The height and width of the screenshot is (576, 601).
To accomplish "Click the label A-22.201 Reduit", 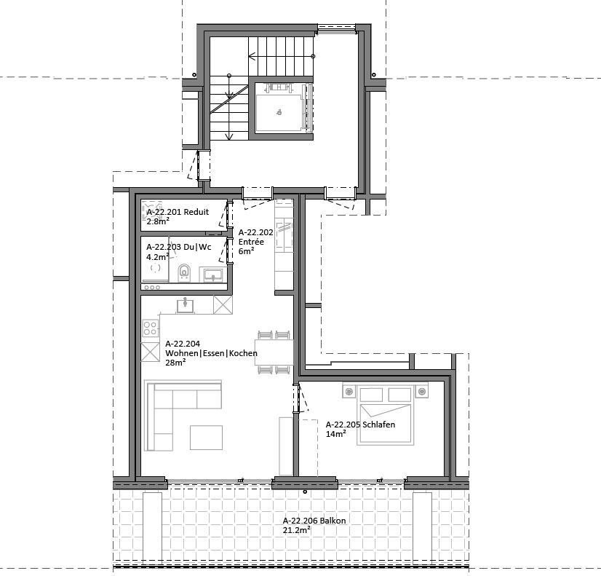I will (178, 212).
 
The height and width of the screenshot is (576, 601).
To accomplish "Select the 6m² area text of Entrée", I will (246, 250).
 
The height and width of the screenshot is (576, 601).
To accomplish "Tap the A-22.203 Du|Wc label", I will (178, 247).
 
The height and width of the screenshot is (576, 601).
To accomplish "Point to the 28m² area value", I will (175, 362).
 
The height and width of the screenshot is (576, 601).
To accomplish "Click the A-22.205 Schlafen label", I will (360, 424).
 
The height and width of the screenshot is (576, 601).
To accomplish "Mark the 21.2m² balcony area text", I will (297, 530).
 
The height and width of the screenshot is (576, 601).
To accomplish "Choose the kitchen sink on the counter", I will (186, 305).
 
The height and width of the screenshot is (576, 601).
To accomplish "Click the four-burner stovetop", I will (151, 328).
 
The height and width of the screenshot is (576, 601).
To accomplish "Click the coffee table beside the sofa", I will (206, 437).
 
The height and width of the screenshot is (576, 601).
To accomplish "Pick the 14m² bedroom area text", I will (335, 433).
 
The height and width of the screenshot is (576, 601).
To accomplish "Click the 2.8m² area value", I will (158, 221).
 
